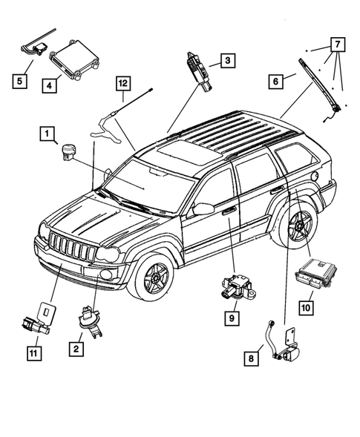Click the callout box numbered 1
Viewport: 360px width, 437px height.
tap(48, 134)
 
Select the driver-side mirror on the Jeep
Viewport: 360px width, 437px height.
tap(203, 209)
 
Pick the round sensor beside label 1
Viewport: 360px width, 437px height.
tap(69, 151)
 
